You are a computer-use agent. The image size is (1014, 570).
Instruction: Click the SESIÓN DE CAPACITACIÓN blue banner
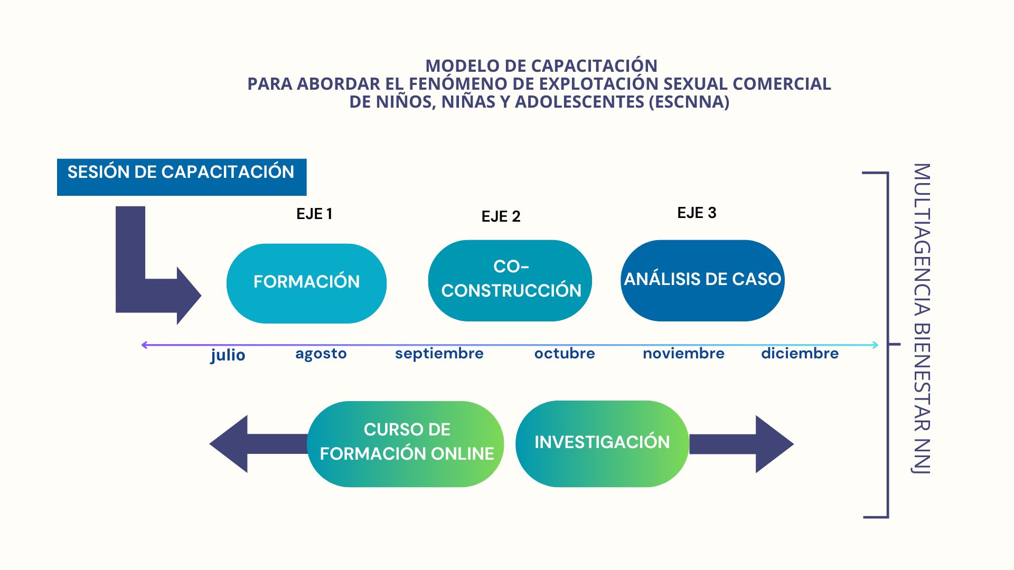(x=182, y=177)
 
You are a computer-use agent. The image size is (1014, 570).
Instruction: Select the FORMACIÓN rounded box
(x=306, y=283)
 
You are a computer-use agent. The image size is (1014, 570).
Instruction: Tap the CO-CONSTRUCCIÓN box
(x=510, y=280)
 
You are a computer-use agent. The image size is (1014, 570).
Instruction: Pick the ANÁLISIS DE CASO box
(x=702, y=280)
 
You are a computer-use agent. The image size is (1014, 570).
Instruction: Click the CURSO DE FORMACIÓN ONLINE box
(x=406, y=444)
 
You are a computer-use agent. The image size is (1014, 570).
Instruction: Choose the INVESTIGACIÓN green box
(x=602, y=443)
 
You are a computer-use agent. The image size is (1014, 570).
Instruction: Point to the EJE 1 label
(x=314, y=214)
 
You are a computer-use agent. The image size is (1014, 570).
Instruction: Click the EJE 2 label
(x=501, y=216)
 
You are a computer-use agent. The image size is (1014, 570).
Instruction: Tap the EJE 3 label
(x=697, y=213)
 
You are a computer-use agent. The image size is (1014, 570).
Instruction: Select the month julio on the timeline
(x=228, y=355)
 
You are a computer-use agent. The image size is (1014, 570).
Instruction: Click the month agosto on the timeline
(x=321, y=354)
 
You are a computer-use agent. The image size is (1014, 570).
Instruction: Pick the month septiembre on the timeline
(x=439, y=354)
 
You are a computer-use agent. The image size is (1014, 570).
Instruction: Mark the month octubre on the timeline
(x=565, y=353)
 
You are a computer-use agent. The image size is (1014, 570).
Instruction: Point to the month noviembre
(x=683, y=353)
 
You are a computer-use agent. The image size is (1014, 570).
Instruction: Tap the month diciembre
(x=800, y=353)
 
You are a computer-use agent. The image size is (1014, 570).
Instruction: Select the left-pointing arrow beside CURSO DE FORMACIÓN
(x=258, y=444)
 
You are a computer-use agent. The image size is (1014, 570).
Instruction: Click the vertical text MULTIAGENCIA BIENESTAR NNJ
(x=922, y=319)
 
